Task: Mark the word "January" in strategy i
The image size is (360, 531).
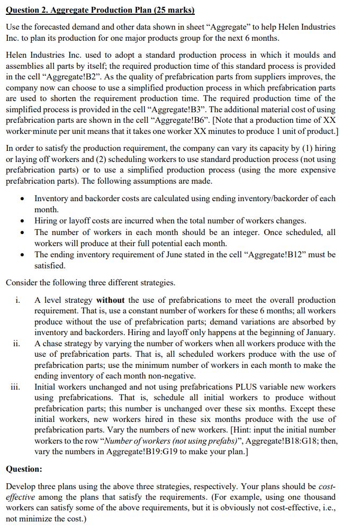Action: pyautogui.click(x=318, y=332)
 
